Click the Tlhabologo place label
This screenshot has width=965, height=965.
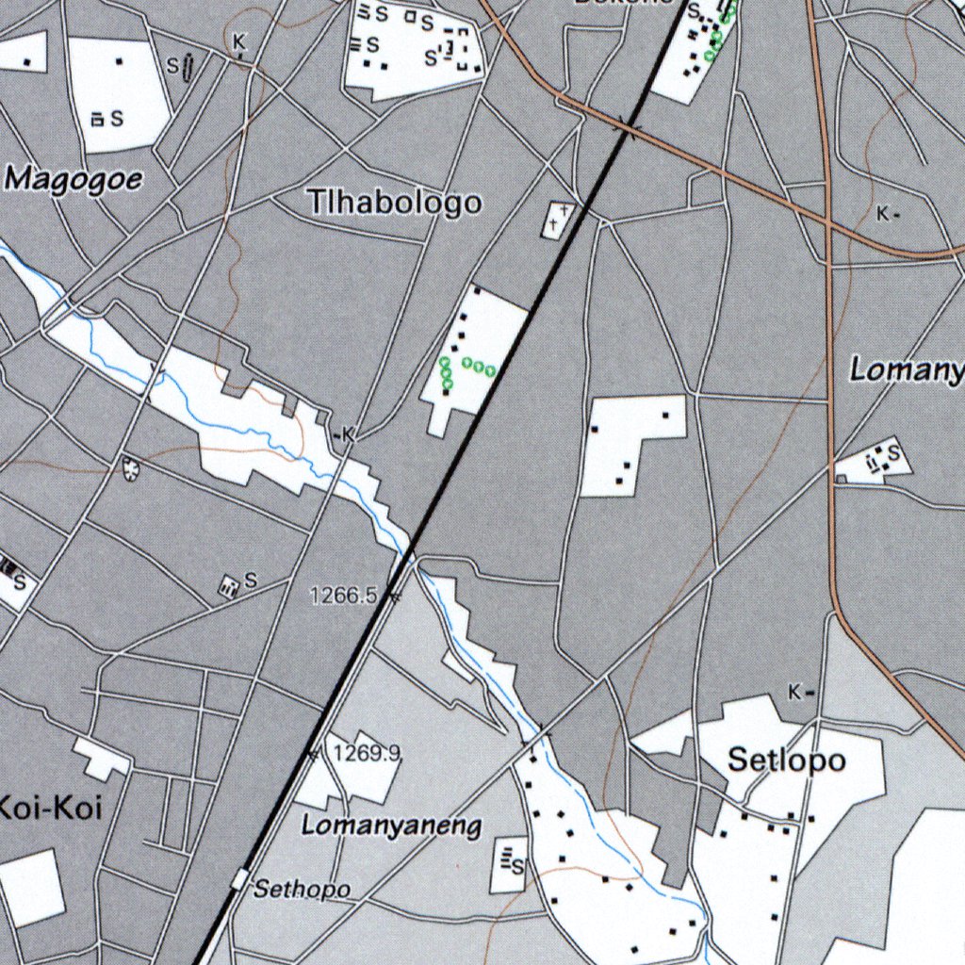point(395,202)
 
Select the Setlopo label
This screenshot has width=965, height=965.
point(787,760)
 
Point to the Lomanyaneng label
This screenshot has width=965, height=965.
point(391,826)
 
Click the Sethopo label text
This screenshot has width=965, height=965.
point(303,889)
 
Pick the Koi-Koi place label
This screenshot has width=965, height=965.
point(49,808)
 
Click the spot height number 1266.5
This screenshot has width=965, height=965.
point(343,595)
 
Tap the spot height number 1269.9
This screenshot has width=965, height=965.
point(367,752)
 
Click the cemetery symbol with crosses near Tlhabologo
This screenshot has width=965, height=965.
point(557,219)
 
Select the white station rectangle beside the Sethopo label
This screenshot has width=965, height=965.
point(241,880)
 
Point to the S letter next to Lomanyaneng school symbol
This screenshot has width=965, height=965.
point(517,866)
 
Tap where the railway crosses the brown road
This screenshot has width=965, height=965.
point(626,126)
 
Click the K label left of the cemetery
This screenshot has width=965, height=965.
point(348,434)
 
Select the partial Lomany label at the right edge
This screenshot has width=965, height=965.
point(906,369)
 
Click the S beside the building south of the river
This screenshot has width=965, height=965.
point(250,581)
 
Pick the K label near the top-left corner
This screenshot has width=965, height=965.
point(239,41)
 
